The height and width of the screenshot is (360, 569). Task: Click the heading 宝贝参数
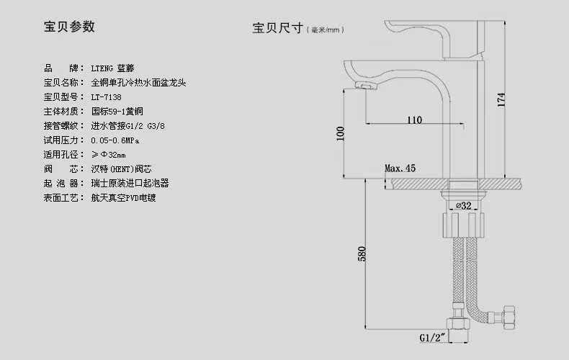(69, 27)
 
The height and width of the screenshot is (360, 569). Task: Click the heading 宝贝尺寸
(277, 29)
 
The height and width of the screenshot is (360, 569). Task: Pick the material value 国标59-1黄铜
(118, 111)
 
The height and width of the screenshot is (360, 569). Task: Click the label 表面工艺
(61, 197)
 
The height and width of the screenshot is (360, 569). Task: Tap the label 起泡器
(61, 183)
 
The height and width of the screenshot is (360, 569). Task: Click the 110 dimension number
(414, 120)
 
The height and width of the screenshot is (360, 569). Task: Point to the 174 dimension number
(502, 102)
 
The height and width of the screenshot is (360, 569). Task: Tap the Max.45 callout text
(400, 168)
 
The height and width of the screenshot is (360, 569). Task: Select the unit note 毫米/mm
(323, 30)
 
